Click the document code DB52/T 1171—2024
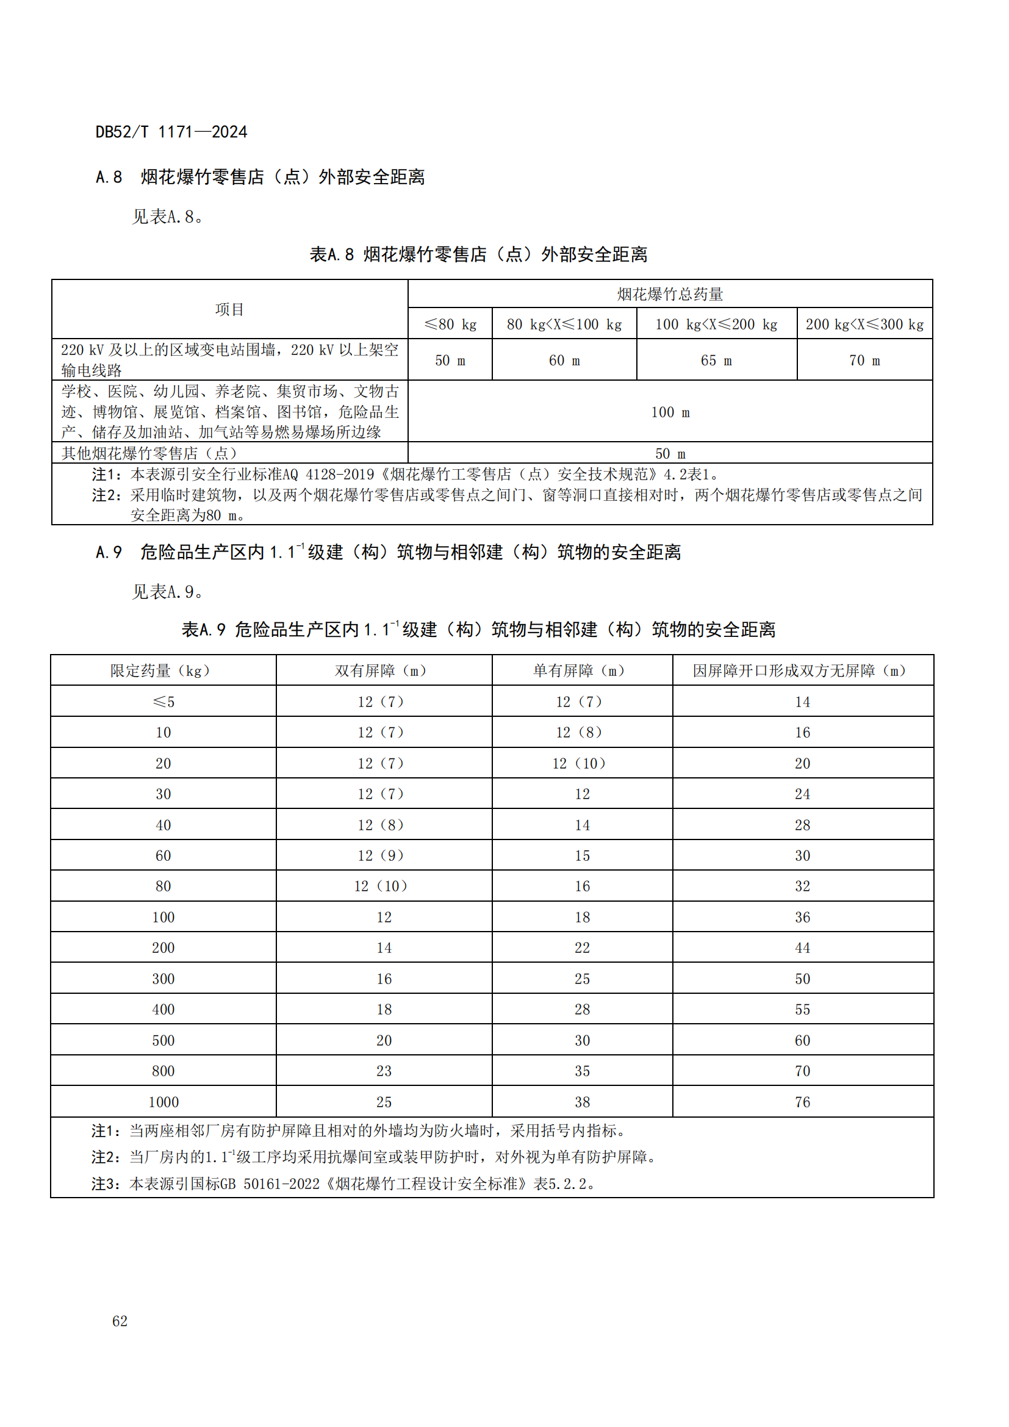point(171,132)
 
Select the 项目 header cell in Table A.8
point(229,309)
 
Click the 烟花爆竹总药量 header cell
point(670,294)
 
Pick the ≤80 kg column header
point(450,324)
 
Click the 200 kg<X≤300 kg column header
point(864,324)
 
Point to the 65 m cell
point(716,361)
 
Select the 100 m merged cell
point(670,412)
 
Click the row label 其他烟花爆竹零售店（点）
point(149,453)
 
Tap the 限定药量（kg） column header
point(163,670)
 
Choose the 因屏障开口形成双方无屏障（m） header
point(802,670)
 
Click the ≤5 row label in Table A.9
point(163,702)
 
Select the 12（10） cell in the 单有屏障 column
point(581,763)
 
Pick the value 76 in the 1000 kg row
point(802,1102)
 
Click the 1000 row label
point(163,1102)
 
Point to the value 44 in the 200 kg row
point(802,948)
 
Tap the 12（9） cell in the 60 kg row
point(382,856)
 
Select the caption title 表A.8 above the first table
point(332,255)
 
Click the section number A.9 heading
point(109,552)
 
